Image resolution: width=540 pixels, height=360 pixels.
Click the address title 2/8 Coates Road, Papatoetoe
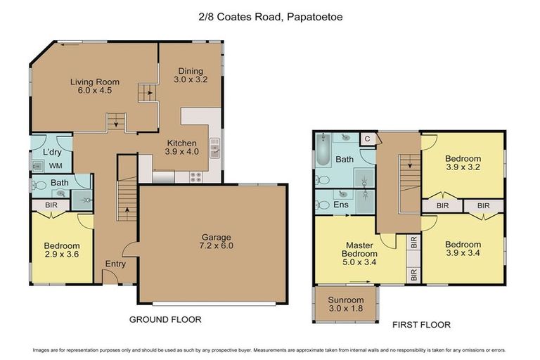[270, 13]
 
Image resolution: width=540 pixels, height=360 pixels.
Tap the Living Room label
[91, 86]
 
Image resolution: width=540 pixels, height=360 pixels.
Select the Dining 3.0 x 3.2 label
[190, 75]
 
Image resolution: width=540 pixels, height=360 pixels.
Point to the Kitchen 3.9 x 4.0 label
[181, 147]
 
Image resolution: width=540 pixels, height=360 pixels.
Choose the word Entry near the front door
[115, 264]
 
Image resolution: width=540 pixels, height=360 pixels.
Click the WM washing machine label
[55, 166]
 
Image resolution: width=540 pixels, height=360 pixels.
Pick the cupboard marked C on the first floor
[367, 139]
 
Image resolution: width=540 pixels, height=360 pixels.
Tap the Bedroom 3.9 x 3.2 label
[463, 163]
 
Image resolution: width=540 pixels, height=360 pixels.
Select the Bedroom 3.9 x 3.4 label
[463, 249]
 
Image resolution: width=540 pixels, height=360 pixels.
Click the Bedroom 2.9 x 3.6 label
[61, 250]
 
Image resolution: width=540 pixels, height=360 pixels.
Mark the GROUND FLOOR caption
[165, 319]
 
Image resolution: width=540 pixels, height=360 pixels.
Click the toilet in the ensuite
[324, 205]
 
